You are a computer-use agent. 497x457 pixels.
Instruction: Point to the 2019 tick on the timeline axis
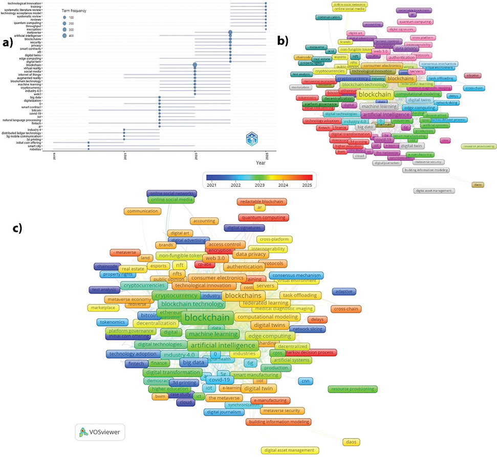pos(54,156)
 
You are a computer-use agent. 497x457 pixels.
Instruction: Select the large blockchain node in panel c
pos(206,318)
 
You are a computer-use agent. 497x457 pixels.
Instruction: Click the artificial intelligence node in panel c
pos(222,346)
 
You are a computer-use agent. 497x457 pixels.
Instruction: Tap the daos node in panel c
pos(351,442)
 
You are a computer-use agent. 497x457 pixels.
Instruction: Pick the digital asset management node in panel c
pos(290,451)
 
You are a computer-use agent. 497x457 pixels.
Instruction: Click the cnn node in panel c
pos(319,381)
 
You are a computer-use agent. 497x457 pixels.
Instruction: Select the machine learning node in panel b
pos(379,106)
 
